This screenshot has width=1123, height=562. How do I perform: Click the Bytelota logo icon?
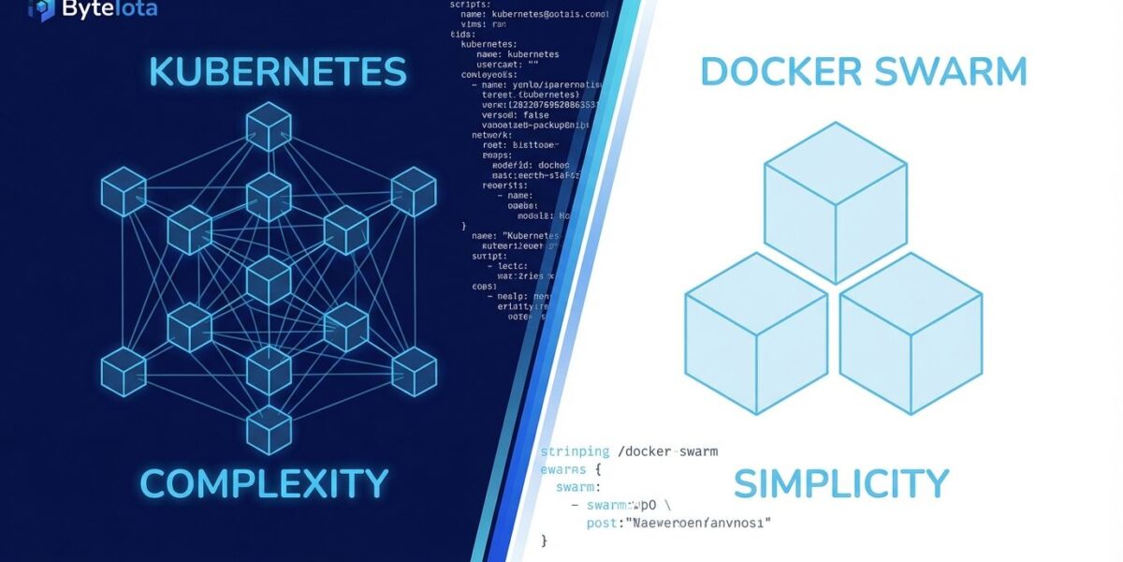[41, 9]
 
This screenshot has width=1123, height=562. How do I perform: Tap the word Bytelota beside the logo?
[109, 9]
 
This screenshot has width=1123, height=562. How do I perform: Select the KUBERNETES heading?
[277, 72]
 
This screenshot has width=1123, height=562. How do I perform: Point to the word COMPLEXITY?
[264, 483]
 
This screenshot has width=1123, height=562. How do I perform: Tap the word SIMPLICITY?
[841, 483]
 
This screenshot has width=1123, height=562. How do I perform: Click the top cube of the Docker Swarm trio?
[835, 201]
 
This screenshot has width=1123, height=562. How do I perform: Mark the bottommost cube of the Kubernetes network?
[269, 432]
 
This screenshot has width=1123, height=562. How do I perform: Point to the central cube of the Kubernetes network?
[269, 279]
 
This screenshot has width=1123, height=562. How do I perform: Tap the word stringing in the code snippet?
[576, 451]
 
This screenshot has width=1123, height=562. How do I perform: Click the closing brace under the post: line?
[545, 540]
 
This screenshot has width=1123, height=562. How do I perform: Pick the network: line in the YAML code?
[494, 135]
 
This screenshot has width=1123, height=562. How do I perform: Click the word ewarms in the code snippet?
[563, 469]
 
